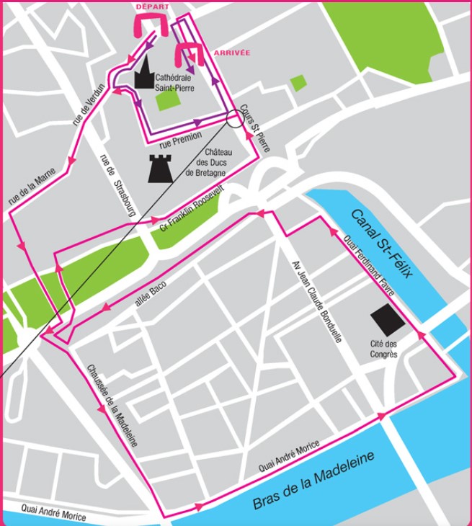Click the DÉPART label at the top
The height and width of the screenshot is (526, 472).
[x=152, y=6]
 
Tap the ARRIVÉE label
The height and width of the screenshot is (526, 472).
[x=232, y=53]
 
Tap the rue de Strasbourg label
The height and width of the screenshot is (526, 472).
[x=115, y=187]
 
